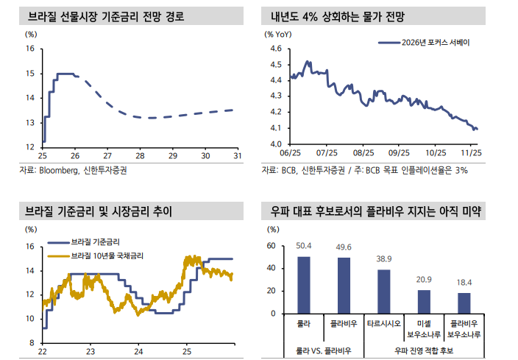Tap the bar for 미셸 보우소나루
click(x=423, y=302)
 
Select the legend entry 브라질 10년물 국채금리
click(x=106, y=255)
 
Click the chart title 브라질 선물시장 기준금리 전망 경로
click(x=105, y=15)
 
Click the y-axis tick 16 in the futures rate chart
click(x=30, y=49)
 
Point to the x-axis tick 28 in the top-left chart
click(x=140, y=156)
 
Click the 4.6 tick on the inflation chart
click(x=277, y=49)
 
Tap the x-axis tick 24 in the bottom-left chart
click(x=138, y=351)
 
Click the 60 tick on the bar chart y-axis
click(x=272, y=246)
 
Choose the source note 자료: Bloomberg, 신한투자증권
click(x=79, y=170)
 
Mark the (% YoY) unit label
click(x=278, y=34)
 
